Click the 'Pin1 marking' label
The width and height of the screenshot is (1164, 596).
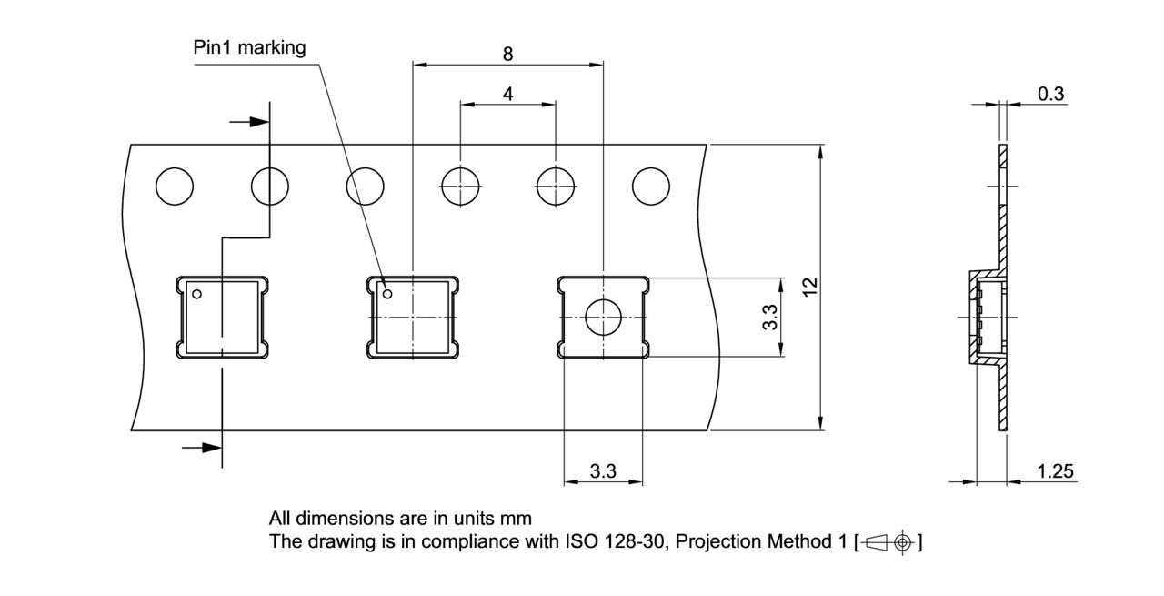249,48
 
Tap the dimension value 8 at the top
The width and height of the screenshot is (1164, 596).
507,54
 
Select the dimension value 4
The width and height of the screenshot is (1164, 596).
507,94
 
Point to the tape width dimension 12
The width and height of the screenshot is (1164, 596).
810,287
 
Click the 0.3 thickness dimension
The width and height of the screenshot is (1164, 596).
1050,94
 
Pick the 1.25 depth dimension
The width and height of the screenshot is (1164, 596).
1056,471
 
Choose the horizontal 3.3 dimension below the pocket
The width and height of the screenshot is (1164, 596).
603,471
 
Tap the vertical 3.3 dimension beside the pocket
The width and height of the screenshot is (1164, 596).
770,318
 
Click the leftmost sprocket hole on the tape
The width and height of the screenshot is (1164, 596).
175,187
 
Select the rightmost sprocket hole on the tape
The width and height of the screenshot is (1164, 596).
651,187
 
